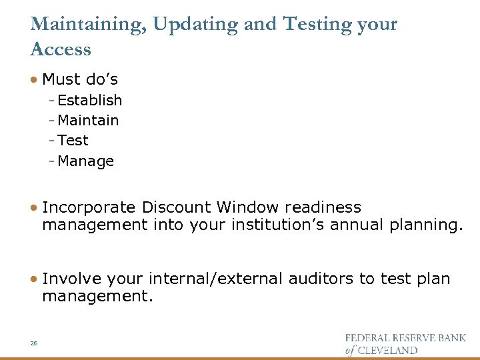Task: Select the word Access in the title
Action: click(61, 49)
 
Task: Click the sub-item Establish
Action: click(90, 101)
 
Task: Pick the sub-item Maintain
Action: click(89, 121)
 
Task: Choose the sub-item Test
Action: click(73, 141)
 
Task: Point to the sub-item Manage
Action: click(86, 161)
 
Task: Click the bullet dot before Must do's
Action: click(34, 80)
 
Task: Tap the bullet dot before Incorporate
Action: click(34, 208)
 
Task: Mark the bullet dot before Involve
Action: click(34, 279)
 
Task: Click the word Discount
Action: click(175, 208)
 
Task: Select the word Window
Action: click(249, 208)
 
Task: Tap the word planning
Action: click(423, 225)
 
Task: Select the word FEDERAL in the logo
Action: click(369, 338)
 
